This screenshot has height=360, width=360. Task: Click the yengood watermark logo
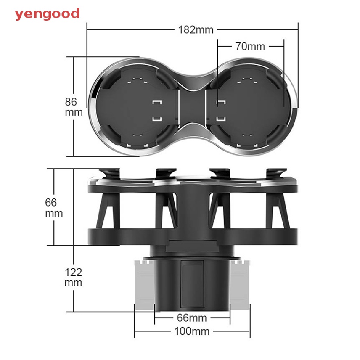pyautogui.click(x=47, y=14)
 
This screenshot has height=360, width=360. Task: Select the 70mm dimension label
pyautogui.click(x=250, y=46)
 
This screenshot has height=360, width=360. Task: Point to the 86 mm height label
pyautogui.click(x=73, y=107)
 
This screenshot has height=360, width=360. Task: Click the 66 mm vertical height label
pyautogui.click(x=54, y=207)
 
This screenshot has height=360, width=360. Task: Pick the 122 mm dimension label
pyautogui.click(x=73, y=277)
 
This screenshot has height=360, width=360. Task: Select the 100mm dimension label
pyautogui.click(x=192, y=331)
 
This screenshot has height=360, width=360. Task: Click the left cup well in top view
pyautogui.click(x=137, y=107)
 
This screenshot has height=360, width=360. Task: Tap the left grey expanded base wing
pyautogui.click(x=144, y=285)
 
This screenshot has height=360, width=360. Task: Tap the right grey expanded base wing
pyautogui.click(x=240, y=285)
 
